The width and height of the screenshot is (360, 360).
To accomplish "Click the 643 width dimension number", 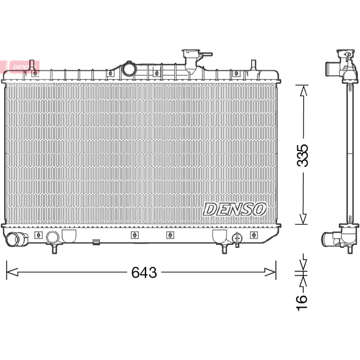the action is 144,273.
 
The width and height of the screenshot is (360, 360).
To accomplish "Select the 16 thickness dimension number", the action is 301,303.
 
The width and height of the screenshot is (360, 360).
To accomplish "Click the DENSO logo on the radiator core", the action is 234,209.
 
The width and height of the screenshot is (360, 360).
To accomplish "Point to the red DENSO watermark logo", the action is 20,67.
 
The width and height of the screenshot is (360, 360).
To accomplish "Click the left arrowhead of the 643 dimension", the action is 12,272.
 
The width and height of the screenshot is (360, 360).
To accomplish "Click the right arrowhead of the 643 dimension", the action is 270,272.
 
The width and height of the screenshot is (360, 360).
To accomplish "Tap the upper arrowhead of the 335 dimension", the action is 303,91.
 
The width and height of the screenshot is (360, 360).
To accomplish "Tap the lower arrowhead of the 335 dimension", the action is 303,218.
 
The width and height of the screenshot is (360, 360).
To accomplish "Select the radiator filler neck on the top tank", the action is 190,60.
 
